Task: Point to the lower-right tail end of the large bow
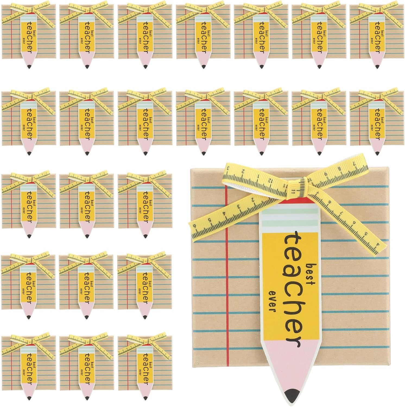coord(380,248)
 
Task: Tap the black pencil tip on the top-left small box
coord(29,66)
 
